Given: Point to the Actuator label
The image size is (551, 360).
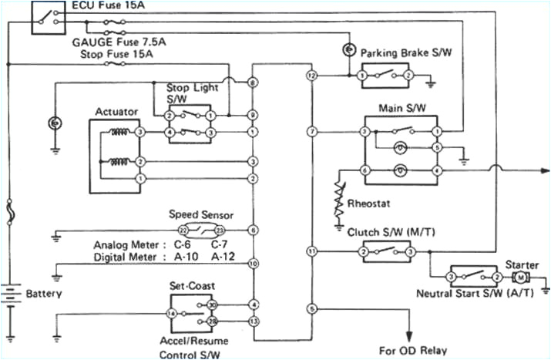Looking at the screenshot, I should pos(116,112).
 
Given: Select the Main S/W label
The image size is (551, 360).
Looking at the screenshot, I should pos(398,107).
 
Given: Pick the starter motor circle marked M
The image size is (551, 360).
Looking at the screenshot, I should pos(520,275).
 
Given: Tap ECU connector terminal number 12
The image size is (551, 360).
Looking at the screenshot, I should pos(311,76).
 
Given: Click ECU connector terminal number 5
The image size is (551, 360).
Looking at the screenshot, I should pos(311,308).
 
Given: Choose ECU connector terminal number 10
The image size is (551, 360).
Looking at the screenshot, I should pos(253,264).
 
